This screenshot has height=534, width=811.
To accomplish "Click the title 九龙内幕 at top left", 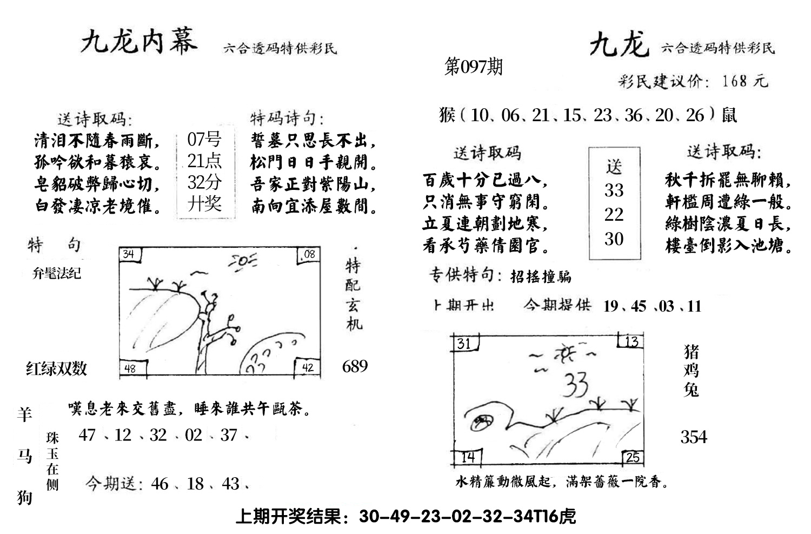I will [x=139, y=41].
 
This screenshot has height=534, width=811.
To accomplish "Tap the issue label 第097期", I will [x=473, y=67].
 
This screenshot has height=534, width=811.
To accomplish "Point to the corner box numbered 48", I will [x=130, y=368].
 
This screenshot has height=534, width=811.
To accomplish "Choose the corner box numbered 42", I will [x=308, y=368].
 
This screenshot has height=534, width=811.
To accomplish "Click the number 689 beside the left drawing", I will [x=355, y=366].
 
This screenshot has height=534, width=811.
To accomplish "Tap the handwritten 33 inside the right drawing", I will [x=575, y=384].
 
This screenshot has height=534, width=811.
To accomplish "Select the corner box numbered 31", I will [x=464, y=344].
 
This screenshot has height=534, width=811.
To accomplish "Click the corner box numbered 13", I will [x=631, y=341].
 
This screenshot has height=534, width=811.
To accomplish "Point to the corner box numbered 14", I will [x=468, y=457].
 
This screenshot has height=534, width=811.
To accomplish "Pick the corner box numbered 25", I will [x=633, y=458].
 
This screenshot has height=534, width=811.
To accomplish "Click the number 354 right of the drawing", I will [x=694, y=437].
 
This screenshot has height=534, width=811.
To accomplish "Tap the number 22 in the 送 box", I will [x=614, y=214].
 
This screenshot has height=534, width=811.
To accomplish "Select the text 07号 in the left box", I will [x=204, y=140].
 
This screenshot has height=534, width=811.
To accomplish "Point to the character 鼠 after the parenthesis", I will [x=729, y=115].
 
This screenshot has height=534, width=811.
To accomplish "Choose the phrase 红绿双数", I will [x=57, y=369].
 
